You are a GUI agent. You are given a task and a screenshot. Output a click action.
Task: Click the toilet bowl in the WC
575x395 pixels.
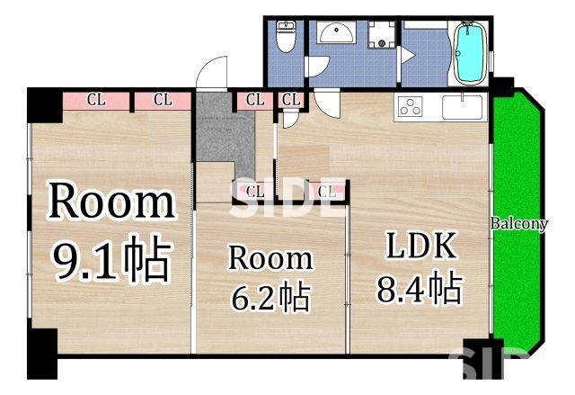[x=287, y=40]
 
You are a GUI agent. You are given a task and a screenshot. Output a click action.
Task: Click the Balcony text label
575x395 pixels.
[x=518, y=224]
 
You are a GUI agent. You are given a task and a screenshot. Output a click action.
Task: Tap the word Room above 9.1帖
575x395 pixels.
[x=111, y=202]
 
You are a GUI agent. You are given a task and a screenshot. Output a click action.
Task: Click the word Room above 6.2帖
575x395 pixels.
[x=270, y=258]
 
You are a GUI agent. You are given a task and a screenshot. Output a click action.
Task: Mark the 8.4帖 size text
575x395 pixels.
[x=420, y=289]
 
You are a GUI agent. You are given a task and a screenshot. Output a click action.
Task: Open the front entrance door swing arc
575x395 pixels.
[x=213, y=73]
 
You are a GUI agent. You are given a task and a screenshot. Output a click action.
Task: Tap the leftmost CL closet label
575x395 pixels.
[x=96, y=101]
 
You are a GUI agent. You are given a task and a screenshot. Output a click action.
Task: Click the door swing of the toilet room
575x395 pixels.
[x=316, y=65]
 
